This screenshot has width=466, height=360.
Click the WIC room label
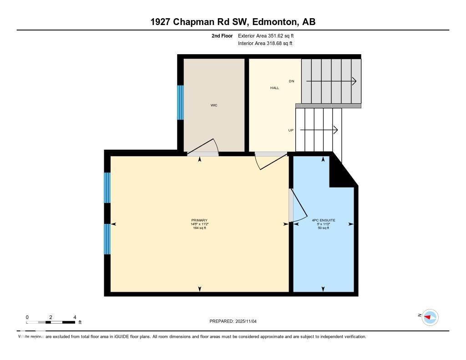coord(213,105)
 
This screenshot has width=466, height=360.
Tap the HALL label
coord(274,88)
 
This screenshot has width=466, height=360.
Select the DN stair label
coord(292,81)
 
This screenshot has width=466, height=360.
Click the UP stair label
coord(291,130)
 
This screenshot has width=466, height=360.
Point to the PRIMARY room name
coord(199,220)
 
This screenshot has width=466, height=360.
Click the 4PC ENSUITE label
coord(323,220)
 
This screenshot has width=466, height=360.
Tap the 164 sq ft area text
coord(199,228)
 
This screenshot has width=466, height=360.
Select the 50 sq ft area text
coord(323,228)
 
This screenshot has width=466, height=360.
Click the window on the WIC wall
coord(180,102)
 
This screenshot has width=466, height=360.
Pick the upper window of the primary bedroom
coord(107,188)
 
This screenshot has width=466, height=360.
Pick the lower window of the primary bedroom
coord(107,239)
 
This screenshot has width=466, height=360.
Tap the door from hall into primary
coord(268,160)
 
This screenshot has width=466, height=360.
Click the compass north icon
coord(429,317)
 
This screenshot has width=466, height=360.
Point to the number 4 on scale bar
coord(75,317)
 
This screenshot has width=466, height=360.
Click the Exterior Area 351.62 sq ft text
coord(269,35)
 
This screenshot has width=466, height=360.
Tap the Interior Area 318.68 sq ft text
coord(265,44)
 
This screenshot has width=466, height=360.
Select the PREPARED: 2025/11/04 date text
coord(233,321)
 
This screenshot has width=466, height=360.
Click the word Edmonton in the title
coord(272,22)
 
